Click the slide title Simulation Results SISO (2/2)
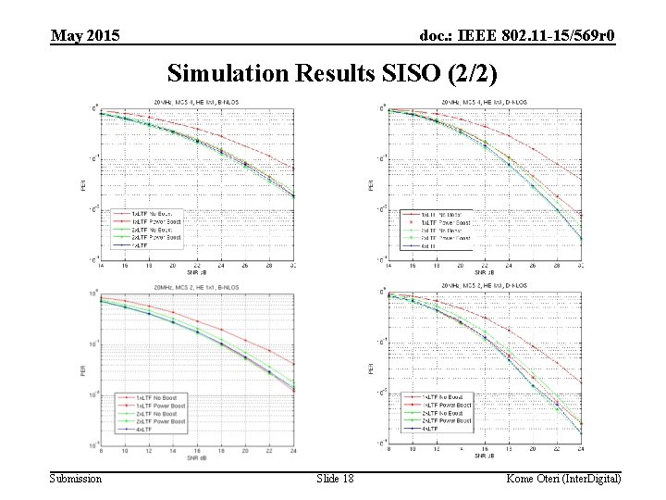pyautogui.click(x=332, y=73)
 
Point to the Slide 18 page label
pyautogui.click(x=335, y=478)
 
